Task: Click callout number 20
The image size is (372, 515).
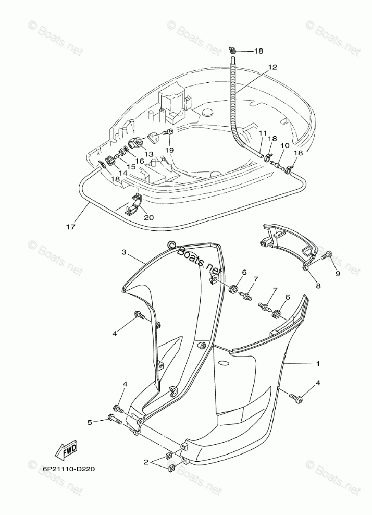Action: pyautogui.click(x=148, y=217)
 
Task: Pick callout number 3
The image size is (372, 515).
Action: pyautogui.click(x=124, y=252)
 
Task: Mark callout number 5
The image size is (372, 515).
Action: pyautogui.click(x=90, y=422)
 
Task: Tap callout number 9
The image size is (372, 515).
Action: pyautogui.click(x=337, y=273)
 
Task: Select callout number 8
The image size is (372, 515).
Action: pyautogui.click(x=317, y=285)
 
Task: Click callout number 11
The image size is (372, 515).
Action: pyautogui.click(x=262, y=133)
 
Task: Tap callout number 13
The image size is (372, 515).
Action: pyautogui.click(x=149, y=154)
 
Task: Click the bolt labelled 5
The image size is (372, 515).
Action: pyautogui.click(x=114, y=417)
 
